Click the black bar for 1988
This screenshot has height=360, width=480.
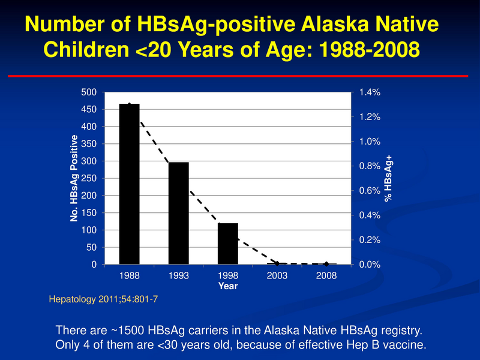point(130,184)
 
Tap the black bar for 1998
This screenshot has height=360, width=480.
point(228,244)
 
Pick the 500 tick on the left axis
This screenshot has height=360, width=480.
point(89,92)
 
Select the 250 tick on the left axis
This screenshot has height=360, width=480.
point(89,179)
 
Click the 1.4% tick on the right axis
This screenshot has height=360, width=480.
point(370,92)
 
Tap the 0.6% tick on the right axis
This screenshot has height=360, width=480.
point(370,191)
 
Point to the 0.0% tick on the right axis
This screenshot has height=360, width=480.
point(370,265)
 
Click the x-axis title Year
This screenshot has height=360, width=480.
point(228,286)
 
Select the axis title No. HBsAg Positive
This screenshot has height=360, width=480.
point(74,178)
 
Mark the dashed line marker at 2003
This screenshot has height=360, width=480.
point(277,263)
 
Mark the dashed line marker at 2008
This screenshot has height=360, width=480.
point(326,264)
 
